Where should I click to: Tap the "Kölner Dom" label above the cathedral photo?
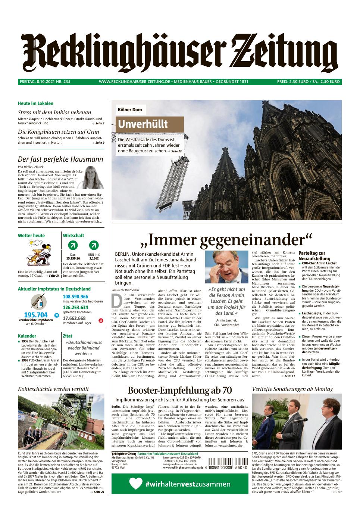129,110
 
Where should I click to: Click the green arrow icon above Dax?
73,246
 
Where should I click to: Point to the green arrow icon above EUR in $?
94,246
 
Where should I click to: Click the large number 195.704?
36,315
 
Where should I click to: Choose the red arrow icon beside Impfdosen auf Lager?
101,320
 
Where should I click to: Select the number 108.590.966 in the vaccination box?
75,297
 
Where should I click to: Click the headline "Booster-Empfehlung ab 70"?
180,390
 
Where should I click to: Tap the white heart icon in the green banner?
135,484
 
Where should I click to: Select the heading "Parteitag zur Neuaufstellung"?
314,256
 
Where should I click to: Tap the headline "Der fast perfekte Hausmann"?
60,159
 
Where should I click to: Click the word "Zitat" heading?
68,336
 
